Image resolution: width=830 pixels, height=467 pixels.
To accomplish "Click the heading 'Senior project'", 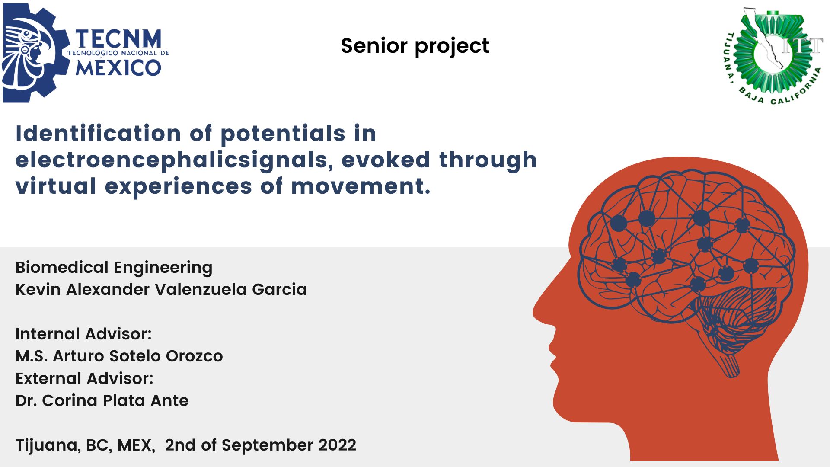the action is point(415,46).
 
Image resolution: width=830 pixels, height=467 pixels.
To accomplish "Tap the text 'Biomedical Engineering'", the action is point(114,268).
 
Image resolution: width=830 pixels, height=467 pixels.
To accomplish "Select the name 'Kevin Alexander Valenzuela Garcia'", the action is point(161,289).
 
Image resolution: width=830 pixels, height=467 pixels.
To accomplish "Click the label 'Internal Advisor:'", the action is point(83,334).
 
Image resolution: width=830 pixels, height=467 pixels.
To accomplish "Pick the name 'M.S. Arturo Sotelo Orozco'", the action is point(119,356).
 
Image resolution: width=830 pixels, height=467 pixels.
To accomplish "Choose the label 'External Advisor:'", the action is point(84,378).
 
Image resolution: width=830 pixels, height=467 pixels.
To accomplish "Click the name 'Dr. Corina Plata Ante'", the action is point(102,400).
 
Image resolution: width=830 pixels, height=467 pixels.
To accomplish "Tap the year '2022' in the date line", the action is point(337,445).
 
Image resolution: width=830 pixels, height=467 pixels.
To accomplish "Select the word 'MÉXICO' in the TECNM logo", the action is point(118,67).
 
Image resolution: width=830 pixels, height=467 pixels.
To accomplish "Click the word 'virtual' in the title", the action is point(56,186).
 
